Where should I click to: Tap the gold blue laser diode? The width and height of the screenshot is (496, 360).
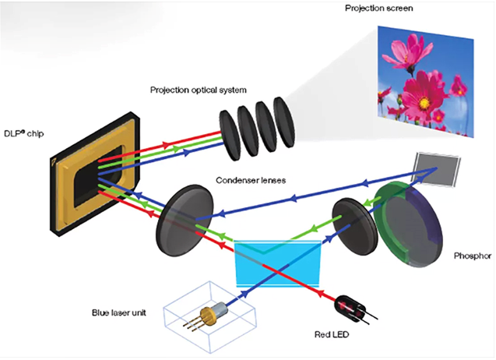[211, 314]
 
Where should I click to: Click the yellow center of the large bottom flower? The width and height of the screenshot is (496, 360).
[424, 102]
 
